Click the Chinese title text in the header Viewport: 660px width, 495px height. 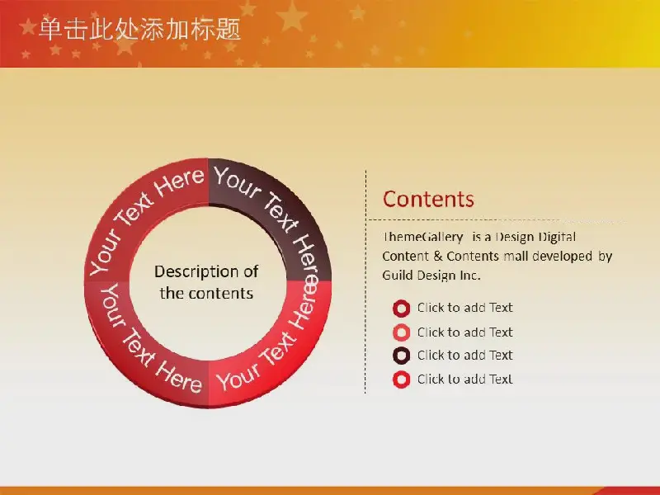(x=139, y=30)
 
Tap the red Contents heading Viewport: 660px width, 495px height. (x=428, y=199)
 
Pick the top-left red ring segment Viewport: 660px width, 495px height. (x=139, y=210)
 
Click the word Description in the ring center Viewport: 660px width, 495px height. (x=193, y=272)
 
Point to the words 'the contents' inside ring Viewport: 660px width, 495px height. (x=206, y=294)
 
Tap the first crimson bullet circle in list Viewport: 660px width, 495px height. (x=401, y=309)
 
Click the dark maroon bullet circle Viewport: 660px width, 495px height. (x=401, y=356)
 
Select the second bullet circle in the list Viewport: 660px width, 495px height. (x=401, y=332)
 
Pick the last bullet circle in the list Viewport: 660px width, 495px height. (x=401, y=379)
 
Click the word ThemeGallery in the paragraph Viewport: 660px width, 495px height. (x=422, y=238)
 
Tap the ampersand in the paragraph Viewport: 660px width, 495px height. (x=437, y=257)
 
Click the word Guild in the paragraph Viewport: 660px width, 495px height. (x=397, y=276)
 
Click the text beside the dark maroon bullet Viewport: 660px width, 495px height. (x=464, y=356)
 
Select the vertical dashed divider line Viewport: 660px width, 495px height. (x=365, y=282)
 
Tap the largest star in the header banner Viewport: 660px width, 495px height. (x=292, y=16)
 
